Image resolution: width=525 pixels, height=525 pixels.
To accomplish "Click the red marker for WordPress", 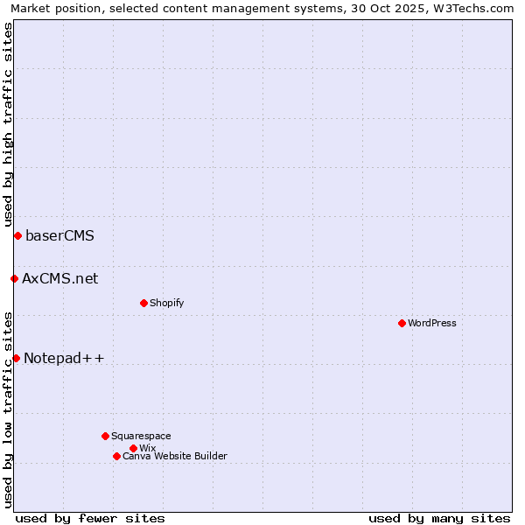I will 402,323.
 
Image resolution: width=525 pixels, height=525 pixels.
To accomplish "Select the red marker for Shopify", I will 143,303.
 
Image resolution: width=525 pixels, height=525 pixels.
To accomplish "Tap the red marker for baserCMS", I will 17,235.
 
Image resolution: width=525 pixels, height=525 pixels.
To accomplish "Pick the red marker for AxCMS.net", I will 14,278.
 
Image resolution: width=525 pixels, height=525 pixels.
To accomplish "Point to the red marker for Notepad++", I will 16,358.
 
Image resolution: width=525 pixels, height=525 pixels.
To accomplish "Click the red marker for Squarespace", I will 105,436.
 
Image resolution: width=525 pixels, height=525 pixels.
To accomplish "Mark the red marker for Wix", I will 133,448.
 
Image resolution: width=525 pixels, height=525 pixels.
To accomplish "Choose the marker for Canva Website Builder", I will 116,456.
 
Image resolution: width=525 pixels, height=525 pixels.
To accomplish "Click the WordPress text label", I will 432,323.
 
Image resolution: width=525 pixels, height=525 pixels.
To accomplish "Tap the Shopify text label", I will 166,303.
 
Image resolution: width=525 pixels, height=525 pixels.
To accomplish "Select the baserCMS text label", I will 59,235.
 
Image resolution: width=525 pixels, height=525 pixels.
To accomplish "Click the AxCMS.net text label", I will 60,278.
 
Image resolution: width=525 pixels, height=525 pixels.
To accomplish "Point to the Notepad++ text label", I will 64,358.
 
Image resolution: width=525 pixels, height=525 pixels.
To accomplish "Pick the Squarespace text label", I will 141,436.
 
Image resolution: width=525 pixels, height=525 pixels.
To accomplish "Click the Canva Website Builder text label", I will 175,456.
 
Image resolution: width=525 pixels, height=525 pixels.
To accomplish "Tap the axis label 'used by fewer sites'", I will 90,518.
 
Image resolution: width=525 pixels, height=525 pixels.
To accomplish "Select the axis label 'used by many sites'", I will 439,518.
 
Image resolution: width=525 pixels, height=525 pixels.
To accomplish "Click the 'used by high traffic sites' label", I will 8,124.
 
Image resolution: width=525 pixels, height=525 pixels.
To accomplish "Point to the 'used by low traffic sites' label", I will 8,409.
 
